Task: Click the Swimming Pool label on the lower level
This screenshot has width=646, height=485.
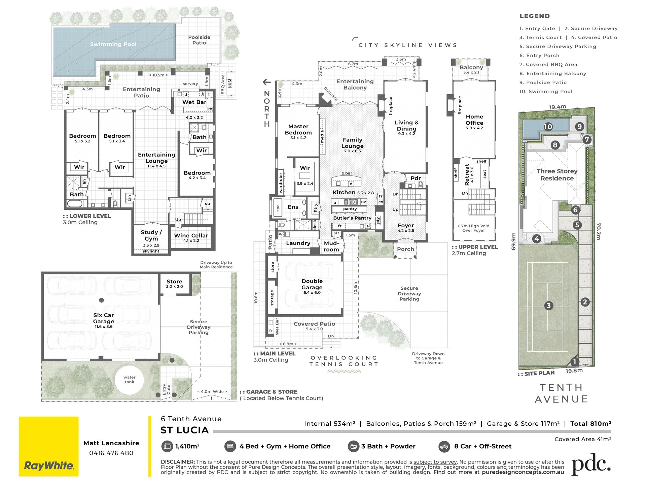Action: (x=113, y=44)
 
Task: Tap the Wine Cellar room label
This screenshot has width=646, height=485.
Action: (x=191, y=235)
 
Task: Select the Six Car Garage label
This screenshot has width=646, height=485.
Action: (x=104, y=318)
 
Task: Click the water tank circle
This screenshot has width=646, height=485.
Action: (x=130, y=380)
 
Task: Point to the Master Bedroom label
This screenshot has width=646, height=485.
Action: (x=298, y=129)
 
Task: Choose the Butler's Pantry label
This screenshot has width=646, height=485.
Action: (x=352, y=218)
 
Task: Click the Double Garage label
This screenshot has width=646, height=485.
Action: (x=312, y=284)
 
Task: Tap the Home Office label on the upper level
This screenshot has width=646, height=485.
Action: (x=474, y=120)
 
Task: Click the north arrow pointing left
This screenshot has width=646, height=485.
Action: (x=266, y=82)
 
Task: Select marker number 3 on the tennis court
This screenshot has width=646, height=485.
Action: (x=548, y=305)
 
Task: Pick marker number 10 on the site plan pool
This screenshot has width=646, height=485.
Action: (x=548, y=127)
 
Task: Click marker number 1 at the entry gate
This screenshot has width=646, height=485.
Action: (x=574, y=362)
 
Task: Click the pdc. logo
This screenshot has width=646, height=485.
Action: (x=591, y=464)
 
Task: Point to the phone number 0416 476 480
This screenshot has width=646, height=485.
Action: (x=111, y=453)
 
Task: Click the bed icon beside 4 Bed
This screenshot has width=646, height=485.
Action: (x=230, y=447)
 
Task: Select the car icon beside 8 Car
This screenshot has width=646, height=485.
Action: (x=444, y=447)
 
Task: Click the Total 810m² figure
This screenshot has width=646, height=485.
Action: (x=590, y=424)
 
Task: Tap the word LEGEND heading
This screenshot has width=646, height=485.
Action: (x=535, y=16)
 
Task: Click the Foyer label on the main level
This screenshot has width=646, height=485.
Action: (x=406, y=226)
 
